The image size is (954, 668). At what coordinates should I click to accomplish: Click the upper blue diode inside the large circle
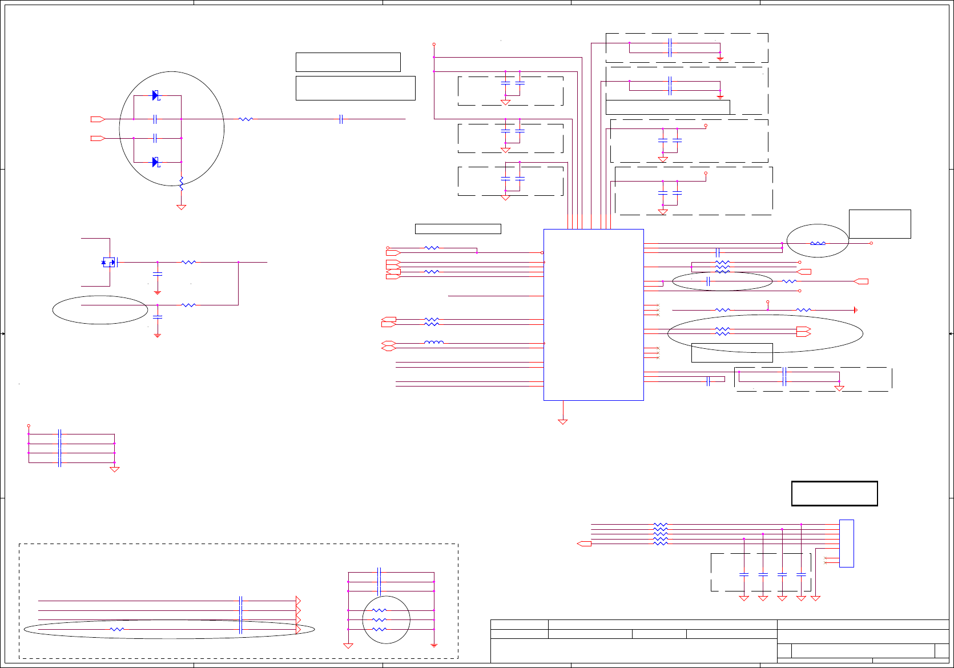point(155,95)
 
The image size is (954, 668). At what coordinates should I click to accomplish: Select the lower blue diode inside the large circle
point(155,162)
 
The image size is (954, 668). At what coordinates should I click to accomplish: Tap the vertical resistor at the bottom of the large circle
point(181,184)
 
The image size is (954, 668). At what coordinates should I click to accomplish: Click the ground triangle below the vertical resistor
point(181,207)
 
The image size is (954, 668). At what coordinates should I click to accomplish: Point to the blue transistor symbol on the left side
point(108,262)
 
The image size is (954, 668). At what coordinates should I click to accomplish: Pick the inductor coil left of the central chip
point(434,343)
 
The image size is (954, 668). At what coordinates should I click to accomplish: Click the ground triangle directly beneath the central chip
point(563,422)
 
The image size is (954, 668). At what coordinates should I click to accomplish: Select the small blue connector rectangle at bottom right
point(847,543)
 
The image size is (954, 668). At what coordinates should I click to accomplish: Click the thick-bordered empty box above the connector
point(834,494)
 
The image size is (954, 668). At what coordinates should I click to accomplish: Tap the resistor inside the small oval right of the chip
point(818,243)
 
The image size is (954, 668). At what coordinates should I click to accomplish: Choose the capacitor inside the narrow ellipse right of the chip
point(708,281)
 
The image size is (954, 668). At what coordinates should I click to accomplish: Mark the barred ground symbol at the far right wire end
point(855,310)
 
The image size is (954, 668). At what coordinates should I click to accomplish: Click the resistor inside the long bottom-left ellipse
point(116,629)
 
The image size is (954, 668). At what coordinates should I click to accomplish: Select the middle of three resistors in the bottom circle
point(379,619)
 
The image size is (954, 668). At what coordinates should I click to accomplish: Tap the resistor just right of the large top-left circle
point(245,119)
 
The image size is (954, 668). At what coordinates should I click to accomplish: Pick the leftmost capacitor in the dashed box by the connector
point(744,574)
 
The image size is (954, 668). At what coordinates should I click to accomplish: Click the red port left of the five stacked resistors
point(585,544)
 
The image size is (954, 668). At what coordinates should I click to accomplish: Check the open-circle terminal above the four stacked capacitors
point(29,426)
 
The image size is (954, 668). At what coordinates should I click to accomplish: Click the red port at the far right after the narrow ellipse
point(861,281)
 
